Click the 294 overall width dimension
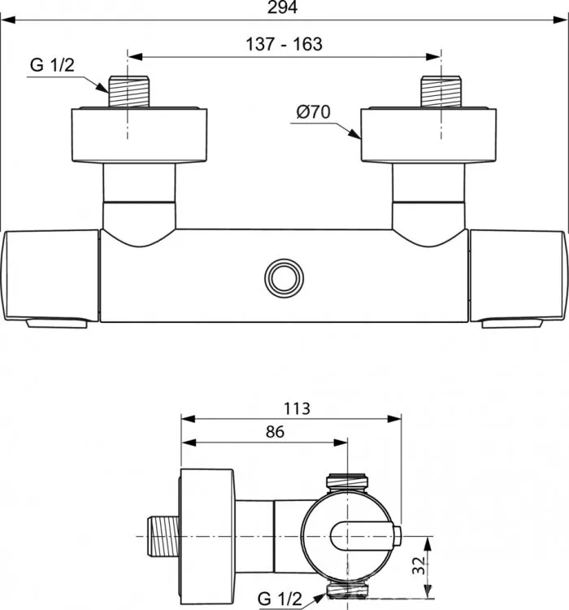282,7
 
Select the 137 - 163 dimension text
284,45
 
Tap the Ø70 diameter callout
313,112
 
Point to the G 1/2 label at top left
52,65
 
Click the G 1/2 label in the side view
280,599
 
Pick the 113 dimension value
297,408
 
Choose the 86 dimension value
275,432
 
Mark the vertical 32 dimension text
419,565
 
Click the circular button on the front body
284,278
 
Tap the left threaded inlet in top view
128,91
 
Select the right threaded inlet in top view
441,91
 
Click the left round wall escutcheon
139,134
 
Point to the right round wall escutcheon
428,134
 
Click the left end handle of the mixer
50,276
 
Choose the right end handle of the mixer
519,276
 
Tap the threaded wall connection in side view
163,536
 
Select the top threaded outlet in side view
346,483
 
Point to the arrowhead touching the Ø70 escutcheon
354,133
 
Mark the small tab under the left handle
56,324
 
